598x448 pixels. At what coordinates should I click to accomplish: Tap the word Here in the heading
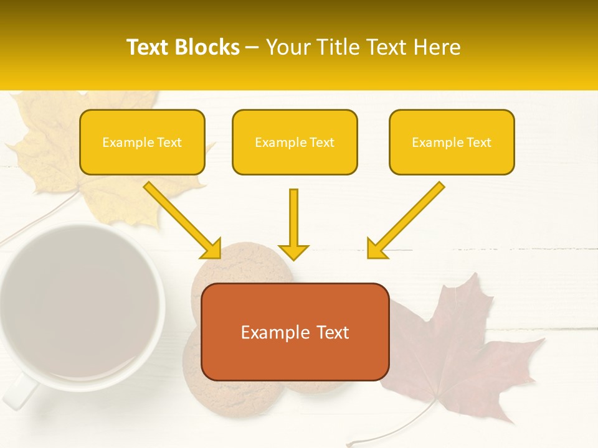click(x=437, y=47)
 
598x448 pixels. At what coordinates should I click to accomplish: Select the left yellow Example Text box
click(x=142, y=142)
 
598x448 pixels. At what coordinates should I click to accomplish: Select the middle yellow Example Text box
click(x=295, y=142)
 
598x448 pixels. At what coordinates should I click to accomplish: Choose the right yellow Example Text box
click(x=452, y=142)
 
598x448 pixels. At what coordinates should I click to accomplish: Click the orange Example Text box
click(x=295, y=332)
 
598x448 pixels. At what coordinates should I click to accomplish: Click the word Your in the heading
click(x=287, y=47)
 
